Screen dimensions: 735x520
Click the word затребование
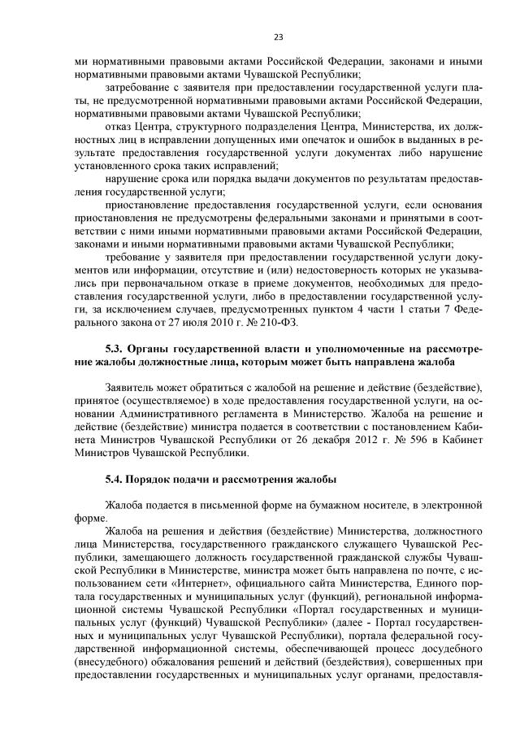point(140,89)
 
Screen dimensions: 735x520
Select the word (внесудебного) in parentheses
point(113,661)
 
